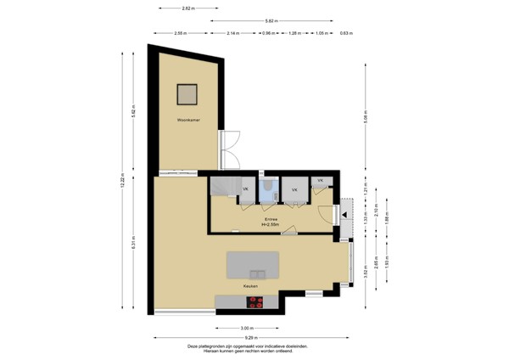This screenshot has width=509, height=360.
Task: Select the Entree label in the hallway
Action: (x=270, y=219)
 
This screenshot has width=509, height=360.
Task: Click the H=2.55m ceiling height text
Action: (x=270, y=224)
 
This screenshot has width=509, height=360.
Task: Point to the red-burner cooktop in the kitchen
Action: (x=255, y=303)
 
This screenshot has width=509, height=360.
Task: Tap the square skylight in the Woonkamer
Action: (x=187, y=93)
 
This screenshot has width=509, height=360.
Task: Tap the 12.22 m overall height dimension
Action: (x=122, y=180)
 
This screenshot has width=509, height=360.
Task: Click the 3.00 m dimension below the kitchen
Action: (x=246, y=328)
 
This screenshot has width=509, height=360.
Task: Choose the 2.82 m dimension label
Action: (x=187, y=8)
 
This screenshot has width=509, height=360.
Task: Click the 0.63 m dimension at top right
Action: (x=345, y=33)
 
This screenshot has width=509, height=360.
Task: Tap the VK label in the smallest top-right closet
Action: (x=320, y=181)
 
